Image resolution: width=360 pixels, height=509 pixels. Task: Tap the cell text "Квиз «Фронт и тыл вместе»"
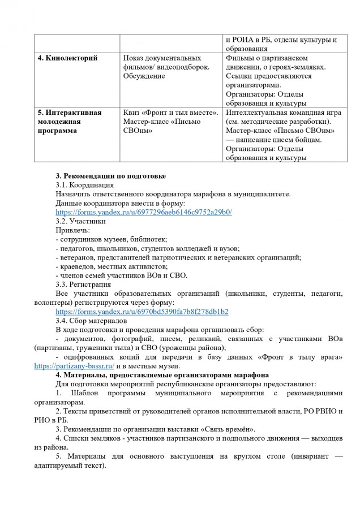coord(170,112)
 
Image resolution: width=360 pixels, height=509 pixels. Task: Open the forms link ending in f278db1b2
coord(142,312)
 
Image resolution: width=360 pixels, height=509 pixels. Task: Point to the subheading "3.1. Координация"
coord(84,185)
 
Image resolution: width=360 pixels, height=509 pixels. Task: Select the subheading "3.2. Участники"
coord(80,221)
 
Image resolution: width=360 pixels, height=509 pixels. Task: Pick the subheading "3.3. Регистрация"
coord(83,284)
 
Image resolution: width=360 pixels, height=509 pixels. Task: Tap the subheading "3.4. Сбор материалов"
coord(91,321)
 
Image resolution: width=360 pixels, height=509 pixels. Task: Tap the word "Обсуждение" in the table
coord(144,76)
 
